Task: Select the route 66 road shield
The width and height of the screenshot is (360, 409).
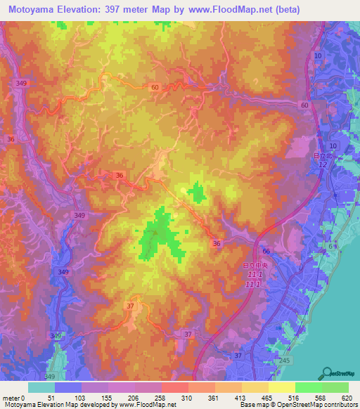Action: click(266, 250)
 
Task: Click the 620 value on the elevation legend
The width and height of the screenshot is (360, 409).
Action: click(345, 398)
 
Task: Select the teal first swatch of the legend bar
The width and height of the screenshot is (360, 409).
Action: click(41, 387)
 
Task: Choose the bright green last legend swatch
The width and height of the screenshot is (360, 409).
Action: click(335, 387)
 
